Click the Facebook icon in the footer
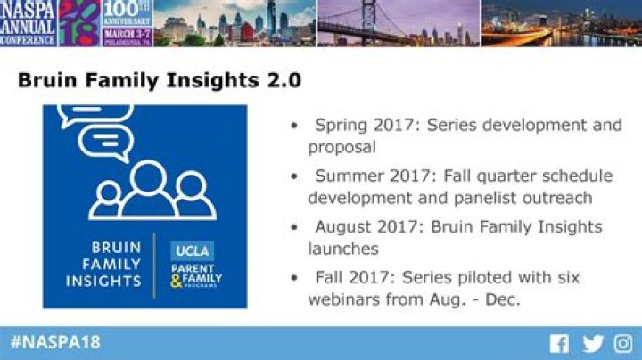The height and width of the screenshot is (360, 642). (x=559, y=344)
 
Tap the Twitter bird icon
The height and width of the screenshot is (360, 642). (x=593, y=344)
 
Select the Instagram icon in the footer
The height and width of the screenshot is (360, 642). (x=623, y=344)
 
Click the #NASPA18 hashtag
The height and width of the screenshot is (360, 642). (x=55, y=342)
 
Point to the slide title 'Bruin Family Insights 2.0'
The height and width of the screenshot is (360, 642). (x=159, y=80)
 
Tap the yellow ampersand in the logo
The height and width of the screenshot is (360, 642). (x=176, y=283)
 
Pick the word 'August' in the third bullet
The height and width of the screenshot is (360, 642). (x=343, y=226)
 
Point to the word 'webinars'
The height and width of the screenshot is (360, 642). (x=343, y=299)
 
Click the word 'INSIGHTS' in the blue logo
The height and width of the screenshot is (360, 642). (x=103, y=282)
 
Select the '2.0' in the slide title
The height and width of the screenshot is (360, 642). (x=284, y=80)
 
